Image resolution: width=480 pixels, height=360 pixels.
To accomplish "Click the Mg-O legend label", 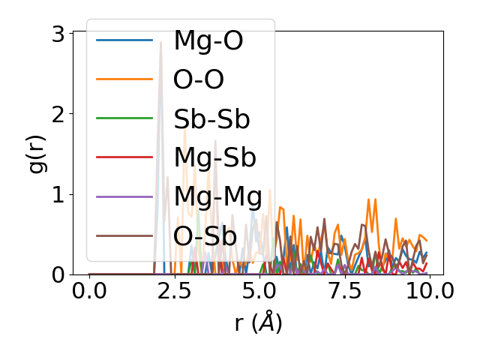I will point(208,40).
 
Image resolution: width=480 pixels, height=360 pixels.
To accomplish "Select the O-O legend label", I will point(199,79).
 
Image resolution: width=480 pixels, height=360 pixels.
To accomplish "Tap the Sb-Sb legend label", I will point(211,119).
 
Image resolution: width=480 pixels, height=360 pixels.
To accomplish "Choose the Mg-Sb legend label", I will point(214,158).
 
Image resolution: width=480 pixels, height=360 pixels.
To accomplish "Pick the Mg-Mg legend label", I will point(217,197).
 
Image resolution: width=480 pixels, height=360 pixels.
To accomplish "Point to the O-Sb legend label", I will point(205,236).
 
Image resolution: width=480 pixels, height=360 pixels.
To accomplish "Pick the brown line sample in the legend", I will point(124,236).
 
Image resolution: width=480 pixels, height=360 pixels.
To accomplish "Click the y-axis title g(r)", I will point(37,153).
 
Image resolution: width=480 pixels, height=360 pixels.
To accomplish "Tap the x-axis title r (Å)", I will point(258,322).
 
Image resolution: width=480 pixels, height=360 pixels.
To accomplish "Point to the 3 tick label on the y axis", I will point(57,33).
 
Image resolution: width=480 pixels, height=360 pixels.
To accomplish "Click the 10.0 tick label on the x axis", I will point(428,291).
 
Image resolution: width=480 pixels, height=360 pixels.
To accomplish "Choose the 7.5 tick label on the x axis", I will point(343,291).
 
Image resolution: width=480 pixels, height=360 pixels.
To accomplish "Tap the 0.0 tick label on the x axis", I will point(89,291).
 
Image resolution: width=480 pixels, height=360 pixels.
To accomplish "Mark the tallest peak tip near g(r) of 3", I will point(160,42).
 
